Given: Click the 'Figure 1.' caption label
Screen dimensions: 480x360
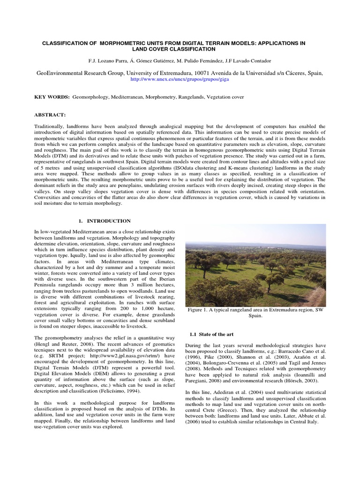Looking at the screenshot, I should [200, 310].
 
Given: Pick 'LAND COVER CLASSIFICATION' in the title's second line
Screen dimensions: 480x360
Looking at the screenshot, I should [173, 49].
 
